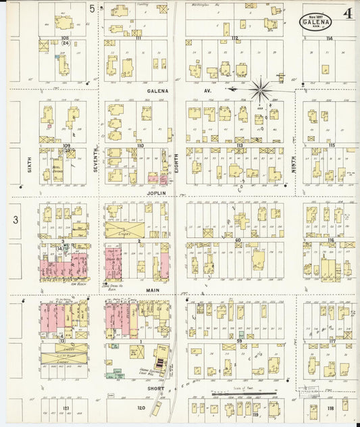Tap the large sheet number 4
tap(346, 14)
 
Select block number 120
tap(140, 408)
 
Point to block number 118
tap(330, 408)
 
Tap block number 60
tap(238, 240)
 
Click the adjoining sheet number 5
tap(91, 9)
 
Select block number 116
tap(330, 240)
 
